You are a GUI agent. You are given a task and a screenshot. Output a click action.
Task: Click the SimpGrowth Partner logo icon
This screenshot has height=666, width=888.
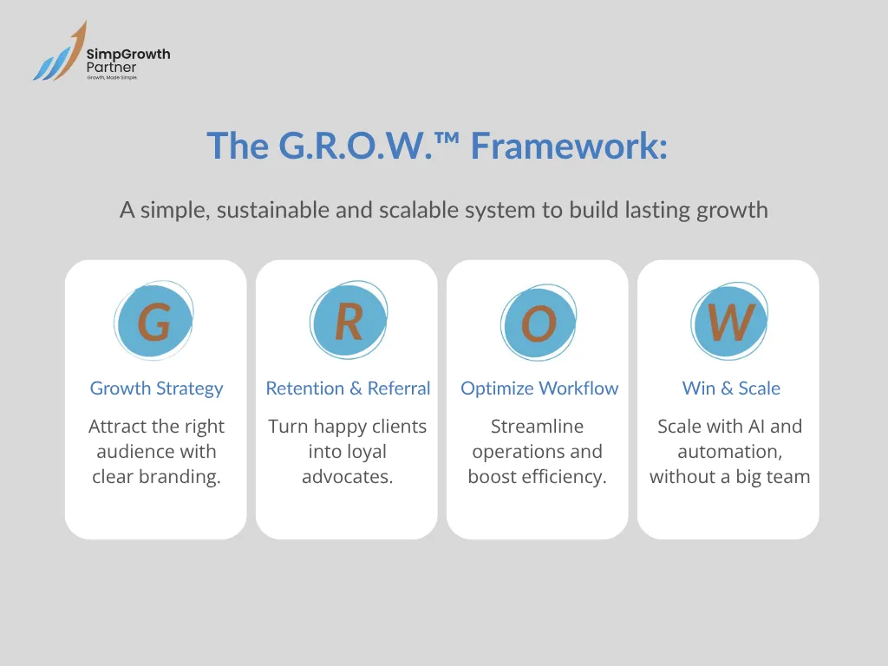coord(59,54)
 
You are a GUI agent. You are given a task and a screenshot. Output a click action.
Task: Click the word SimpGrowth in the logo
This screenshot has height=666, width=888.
coord(128,55)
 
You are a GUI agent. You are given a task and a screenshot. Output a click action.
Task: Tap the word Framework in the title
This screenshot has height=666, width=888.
coord(568,146)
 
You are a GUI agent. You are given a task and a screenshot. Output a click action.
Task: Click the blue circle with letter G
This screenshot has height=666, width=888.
coord(154,323)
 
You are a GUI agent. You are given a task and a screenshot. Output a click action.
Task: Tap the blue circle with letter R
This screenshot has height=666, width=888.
coord(348,322)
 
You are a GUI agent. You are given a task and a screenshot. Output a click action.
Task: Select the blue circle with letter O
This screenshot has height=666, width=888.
coord(538,324)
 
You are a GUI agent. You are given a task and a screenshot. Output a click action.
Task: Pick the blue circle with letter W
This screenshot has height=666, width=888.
coord(730,323)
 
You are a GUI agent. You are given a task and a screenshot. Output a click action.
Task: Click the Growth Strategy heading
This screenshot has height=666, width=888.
coord(156,388)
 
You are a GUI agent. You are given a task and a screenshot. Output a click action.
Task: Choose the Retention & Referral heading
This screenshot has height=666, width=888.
coord(348,388)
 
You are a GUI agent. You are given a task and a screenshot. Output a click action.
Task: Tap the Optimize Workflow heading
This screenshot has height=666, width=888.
coord(539,388)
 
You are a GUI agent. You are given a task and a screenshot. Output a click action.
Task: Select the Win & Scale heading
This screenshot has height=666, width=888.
coord(731,388)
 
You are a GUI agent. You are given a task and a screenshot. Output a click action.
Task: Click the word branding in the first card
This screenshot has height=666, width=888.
coord(183,477)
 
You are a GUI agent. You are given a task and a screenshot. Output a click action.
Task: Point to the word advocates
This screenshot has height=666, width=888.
coord(347,477)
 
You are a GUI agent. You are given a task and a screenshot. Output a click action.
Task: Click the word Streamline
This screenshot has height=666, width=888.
coord(537,427)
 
